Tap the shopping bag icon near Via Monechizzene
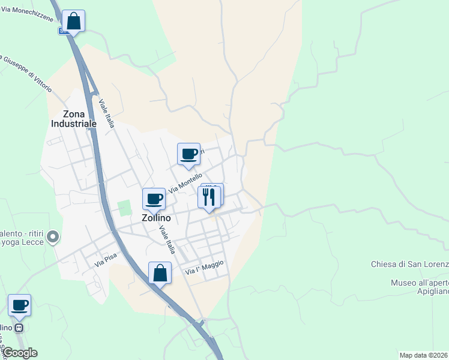73,21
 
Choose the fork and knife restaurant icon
209,196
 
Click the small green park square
125,208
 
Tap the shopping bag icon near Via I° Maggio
160,273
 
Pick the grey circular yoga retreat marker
53,238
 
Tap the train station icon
20,328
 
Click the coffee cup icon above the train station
20,305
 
